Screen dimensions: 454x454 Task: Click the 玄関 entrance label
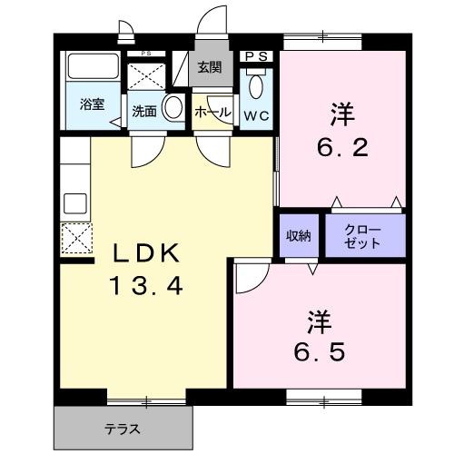pyautogui.click(x=210, y=67)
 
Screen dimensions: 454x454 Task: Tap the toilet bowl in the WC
pyautogui.click(x=256, y=86)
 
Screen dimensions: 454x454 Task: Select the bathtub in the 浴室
pyautogui.click(x=93, y=66)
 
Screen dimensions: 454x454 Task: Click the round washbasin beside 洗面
pyautogui.click(x=173, y=106)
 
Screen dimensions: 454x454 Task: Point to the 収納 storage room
pyautogui.click(x=299, y=235)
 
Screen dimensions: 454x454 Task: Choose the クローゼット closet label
pyautogui.click(x=362, y=237)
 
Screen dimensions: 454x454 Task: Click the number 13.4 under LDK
pyautogui.click(x=147, y=286)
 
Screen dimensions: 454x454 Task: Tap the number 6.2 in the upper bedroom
pyautogui.click(x=342, y=147)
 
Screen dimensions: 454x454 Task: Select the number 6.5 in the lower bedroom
pyautogui.click(x=320, y=352)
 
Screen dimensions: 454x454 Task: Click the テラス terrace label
pyautogui.click(x=123, y=429)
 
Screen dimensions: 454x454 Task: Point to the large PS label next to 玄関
pyautogui.click(x=256, y=56)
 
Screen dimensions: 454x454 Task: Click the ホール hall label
pyautogui.click(x=212, y=113)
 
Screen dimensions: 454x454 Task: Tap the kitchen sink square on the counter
pyautogui.click(x=75, y=203)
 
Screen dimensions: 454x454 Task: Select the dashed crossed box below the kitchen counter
pyautogui.click(x=76, y=238)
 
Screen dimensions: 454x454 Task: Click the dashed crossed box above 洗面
pyautogui.click(x=146, y=76)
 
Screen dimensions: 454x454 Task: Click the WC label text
pyautogui.click(x=256, y=116)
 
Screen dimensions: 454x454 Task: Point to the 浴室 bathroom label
pyautogui.click(x=93, y=104)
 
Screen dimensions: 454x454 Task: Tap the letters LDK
pyautogui.click(x=146, y=253)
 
